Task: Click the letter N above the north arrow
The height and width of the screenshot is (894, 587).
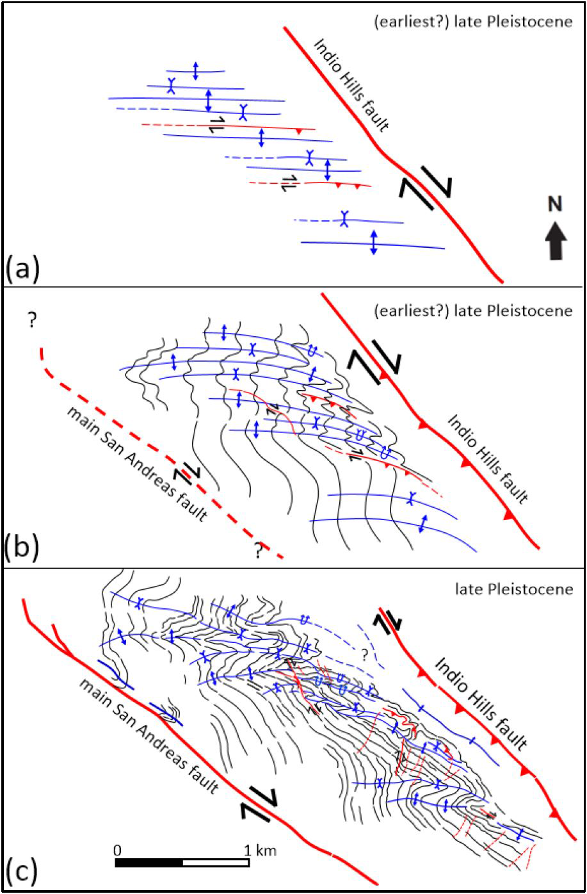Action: coord(554,204)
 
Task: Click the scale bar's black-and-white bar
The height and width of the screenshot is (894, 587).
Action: coord(182,862)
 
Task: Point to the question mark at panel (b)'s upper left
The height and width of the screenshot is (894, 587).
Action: coord(30,321)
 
